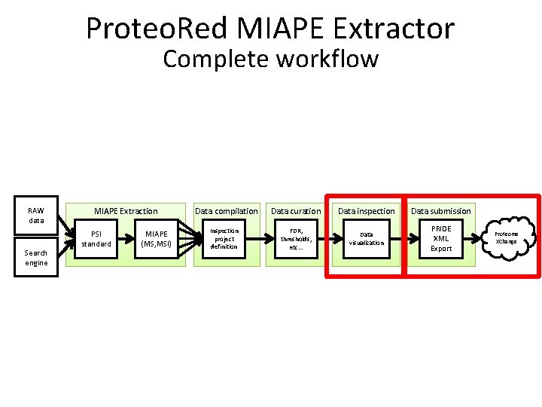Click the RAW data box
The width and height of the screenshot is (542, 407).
(x=36, y=216)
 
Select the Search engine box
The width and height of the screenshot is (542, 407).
(x=36, y=258)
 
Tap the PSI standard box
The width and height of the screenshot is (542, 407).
(x=96, y=239)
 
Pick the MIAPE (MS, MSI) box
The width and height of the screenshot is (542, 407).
(x=157, y=239)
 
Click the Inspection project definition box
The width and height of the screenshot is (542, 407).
(x=224, y=239)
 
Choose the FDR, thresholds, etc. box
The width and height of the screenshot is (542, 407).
(x=296, y=239)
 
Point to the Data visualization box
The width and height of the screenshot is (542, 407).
(x=366, y=239)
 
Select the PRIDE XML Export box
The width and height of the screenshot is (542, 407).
(x=441, y=239)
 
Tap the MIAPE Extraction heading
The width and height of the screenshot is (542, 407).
(x=126, y=211)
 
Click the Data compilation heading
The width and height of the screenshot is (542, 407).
(x=227, y=211)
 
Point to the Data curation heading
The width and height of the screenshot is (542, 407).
(x=296, y=211)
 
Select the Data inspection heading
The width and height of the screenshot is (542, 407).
(x=366, y=211)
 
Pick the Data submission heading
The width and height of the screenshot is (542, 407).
(x=441, y=211)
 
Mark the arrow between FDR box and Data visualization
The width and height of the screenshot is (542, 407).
(x=332, y=239)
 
